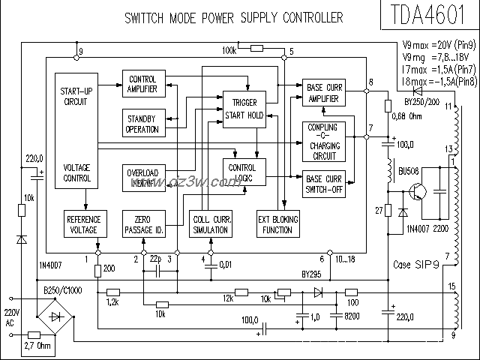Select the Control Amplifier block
coord(142,84)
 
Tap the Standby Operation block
coord(142,124)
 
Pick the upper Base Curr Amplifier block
coord(325,93)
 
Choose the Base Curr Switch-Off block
coord(325,184)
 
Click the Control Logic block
coord(244,173)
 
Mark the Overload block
coord(142,177)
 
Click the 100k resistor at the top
coord(256,49)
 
